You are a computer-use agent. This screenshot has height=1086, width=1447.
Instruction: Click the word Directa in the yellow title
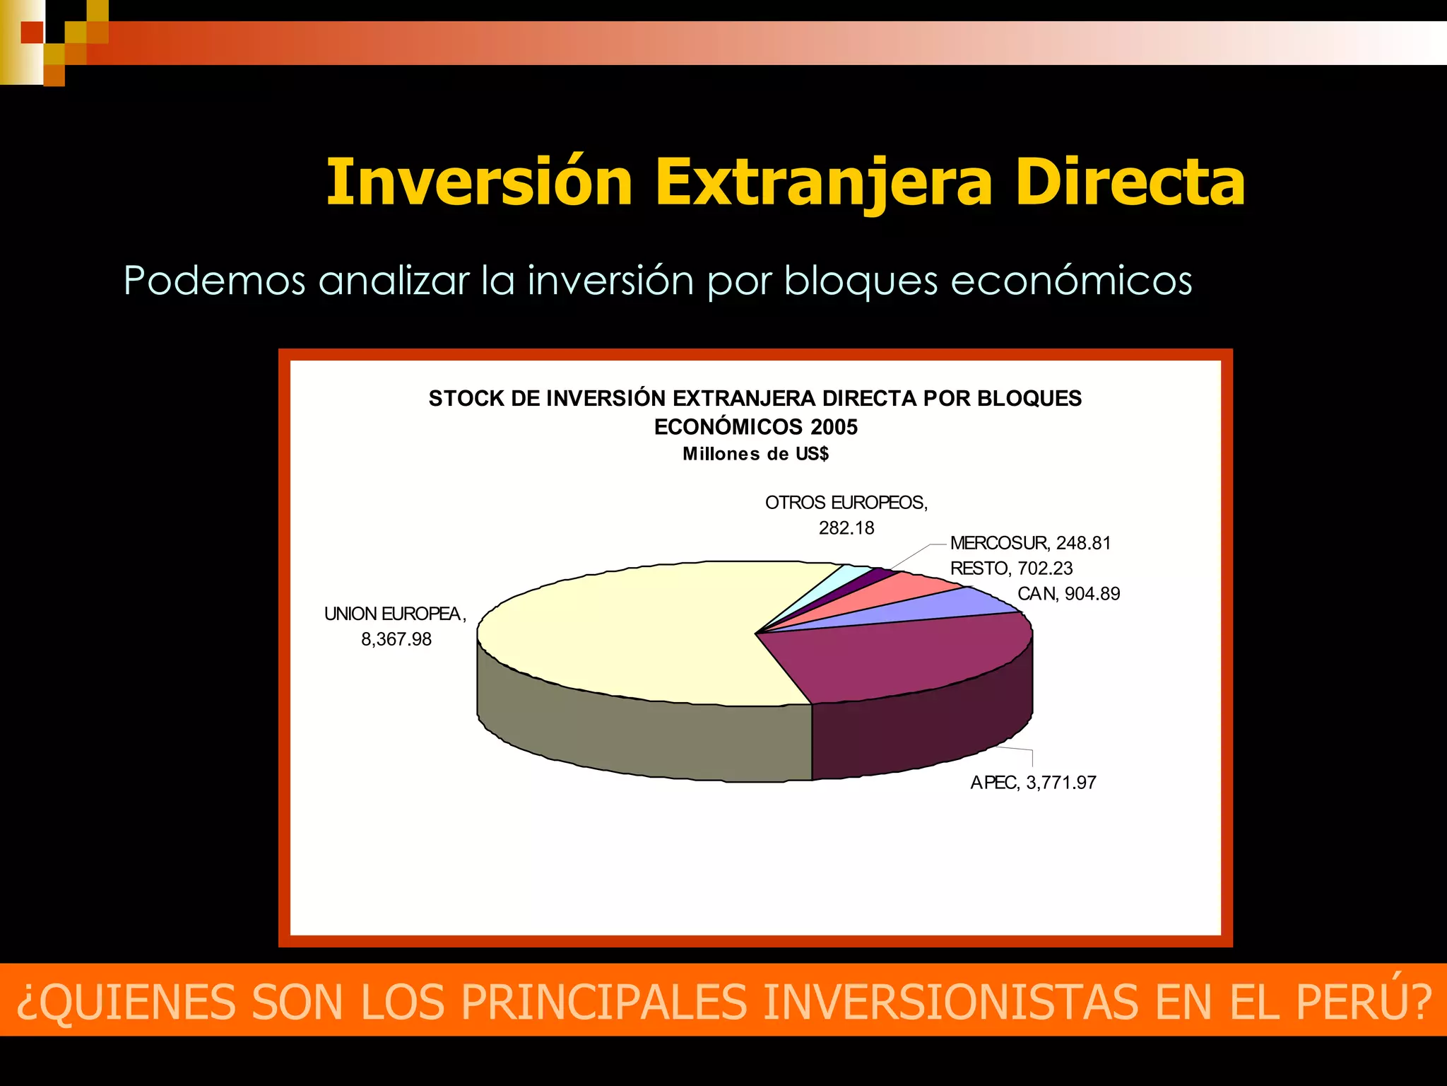coord(1130,182)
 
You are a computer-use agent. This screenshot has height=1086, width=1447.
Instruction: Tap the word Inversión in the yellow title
coord(479,182)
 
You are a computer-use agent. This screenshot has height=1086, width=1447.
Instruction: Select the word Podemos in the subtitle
coord(214,281)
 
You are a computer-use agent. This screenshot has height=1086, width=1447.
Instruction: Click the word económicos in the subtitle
coord(1071,281)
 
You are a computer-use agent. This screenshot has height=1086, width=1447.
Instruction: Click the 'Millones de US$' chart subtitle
coord(755,454)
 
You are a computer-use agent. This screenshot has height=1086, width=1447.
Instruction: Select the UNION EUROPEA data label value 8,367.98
coord(396,639)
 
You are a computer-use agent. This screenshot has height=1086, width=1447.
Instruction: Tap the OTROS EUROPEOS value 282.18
coord(846,528)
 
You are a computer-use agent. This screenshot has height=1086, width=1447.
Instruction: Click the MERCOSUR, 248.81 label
coord(1030,543)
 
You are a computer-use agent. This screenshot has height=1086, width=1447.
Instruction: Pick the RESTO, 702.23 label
coord(1011,568)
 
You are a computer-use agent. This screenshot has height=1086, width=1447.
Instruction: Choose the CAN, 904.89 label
coord(1068,594)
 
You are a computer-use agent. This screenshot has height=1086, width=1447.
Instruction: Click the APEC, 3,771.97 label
coord(1032,783)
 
